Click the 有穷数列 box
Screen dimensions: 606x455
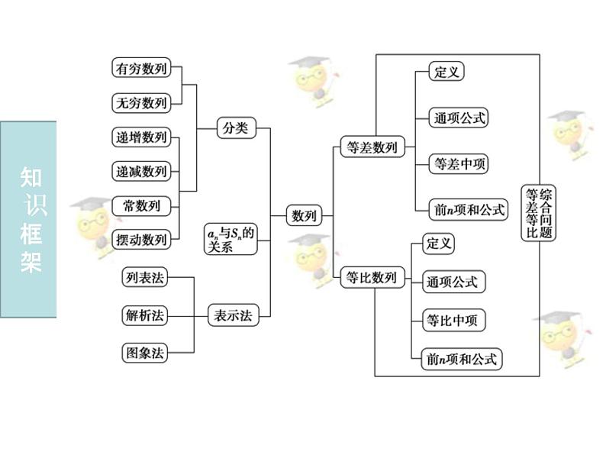[141, 67]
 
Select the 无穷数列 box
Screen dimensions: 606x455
[141, 102]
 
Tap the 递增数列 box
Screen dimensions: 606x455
[141, 137]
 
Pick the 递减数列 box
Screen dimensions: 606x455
[141, 171]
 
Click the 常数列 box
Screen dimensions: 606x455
[141, 205]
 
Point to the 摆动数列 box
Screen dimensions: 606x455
[141, 239]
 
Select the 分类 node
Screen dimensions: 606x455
[234, 128]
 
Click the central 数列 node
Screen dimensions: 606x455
[304, 216]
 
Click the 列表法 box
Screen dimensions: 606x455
[144, 277]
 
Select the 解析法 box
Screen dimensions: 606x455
[144, 315]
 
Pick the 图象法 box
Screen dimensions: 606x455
[144, 352]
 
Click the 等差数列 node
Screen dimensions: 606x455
[372, 148]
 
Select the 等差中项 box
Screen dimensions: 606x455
[460, 163]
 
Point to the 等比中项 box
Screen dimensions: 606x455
[454, 320]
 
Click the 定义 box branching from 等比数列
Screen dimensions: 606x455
[440, 244]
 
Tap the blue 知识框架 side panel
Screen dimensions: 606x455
[28, 219]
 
